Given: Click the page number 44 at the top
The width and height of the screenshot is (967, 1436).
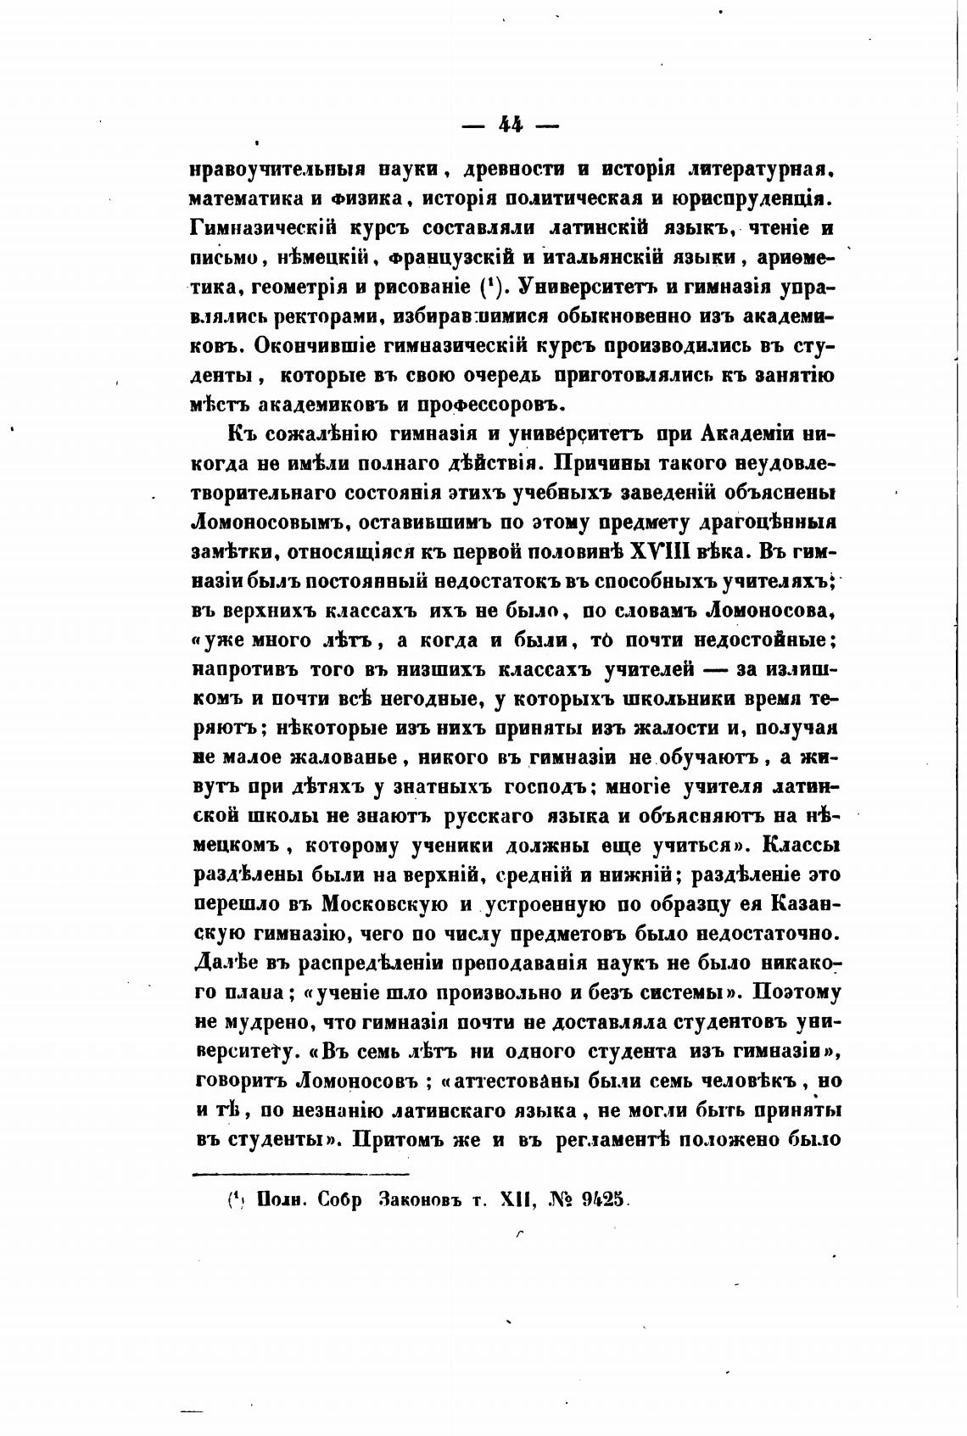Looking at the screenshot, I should coord(511,125).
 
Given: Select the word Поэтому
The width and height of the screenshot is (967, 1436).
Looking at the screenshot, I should coord(793,992).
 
